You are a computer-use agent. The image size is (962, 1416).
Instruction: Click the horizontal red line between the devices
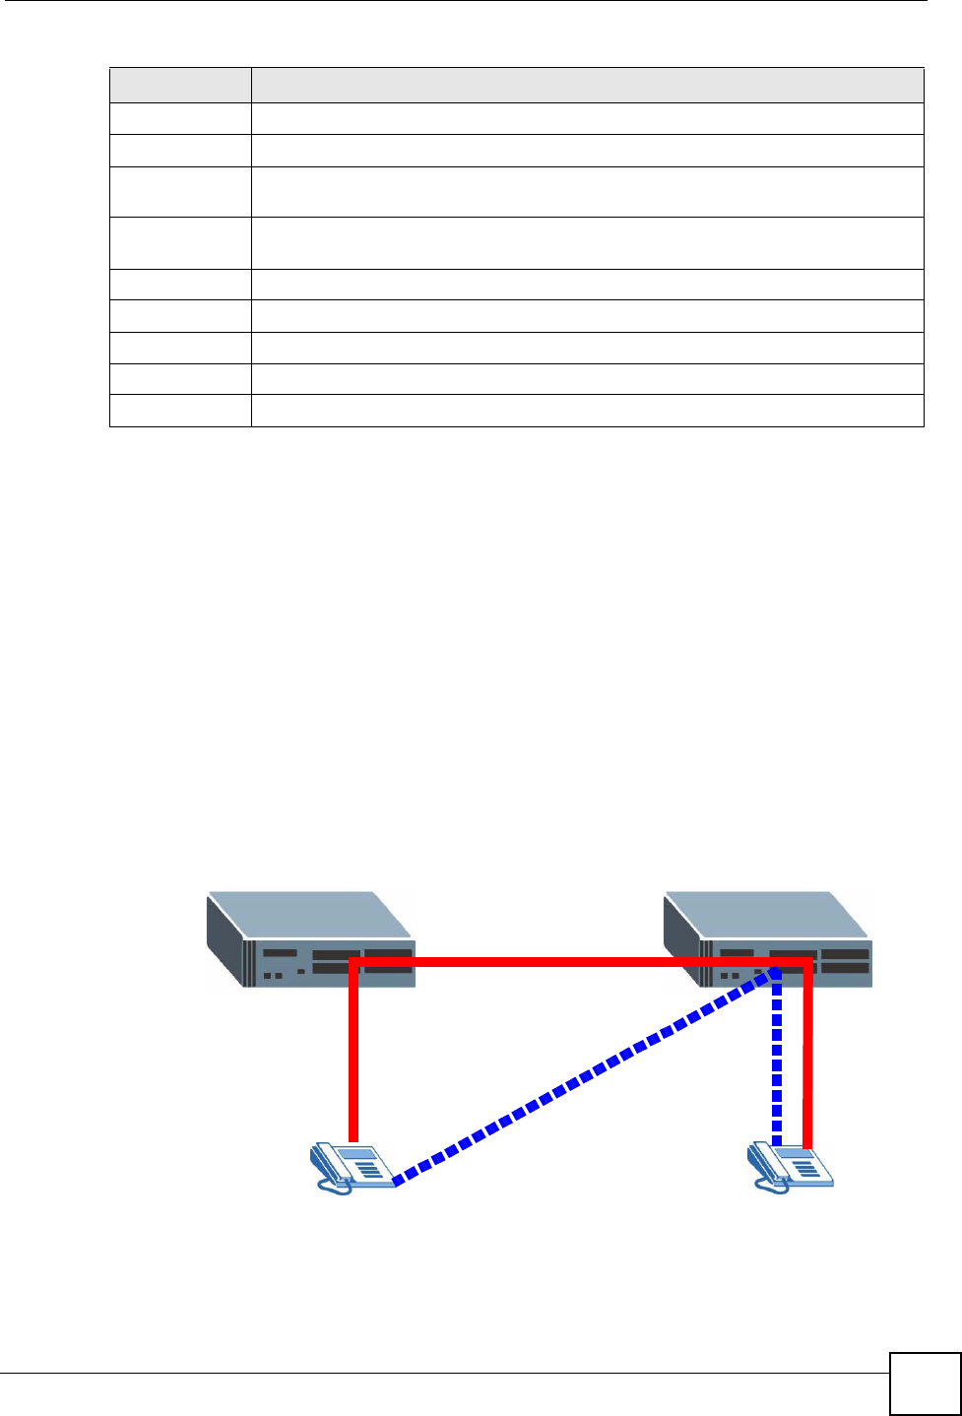581,960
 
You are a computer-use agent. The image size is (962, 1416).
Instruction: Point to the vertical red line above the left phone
352,1054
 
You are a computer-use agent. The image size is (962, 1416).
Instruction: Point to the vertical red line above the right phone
808,1054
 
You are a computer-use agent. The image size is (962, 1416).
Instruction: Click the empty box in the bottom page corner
924,1384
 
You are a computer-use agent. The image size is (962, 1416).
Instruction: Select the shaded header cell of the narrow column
180,86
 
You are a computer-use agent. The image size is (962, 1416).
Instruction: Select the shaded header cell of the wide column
587,86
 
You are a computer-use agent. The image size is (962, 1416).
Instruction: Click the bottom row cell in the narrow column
180,411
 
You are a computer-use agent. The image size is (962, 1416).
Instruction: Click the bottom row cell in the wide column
587,411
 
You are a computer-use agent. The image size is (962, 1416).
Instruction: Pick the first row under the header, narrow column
180,119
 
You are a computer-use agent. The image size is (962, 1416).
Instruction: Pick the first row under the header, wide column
587,119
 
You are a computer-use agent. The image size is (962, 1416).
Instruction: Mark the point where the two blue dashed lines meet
777,973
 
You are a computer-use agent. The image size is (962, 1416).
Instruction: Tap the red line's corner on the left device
353,961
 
